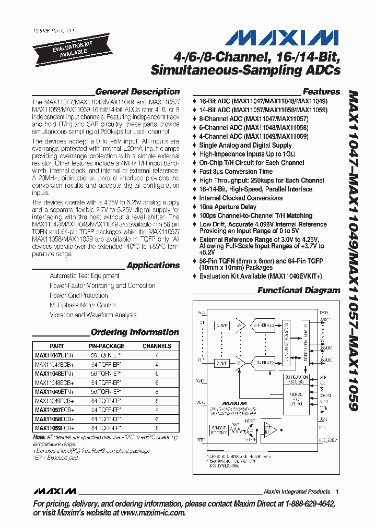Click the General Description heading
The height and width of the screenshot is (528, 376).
[137, 91]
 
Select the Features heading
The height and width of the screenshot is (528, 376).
[321, 91]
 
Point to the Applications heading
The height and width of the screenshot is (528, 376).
[153, 265]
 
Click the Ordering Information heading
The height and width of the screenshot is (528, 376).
[135, 332]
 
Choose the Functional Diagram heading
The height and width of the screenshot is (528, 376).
[299, 290]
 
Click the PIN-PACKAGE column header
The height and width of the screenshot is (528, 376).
[106, 346]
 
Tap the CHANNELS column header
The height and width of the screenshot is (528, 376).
[157, 346]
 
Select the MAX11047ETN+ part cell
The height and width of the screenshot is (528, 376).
[55, 355]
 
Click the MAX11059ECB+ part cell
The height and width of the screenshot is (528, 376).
[55, 427]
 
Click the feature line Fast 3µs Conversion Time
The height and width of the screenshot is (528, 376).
[236, 171]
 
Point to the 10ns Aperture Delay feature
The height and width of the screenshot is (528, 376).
[228, 207]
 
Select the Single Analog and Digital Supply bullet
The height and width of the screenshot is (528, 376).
[245, 145]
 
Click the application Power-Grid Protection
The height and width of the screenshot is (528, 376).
[79, 295]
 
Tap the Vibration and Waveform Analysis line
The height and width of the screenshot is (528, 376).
[93, 315]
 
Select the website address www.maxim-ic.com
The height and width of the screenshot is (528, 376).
[146, 513]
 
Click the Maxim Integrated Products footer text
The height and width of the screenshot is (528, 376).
[297, 491]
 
